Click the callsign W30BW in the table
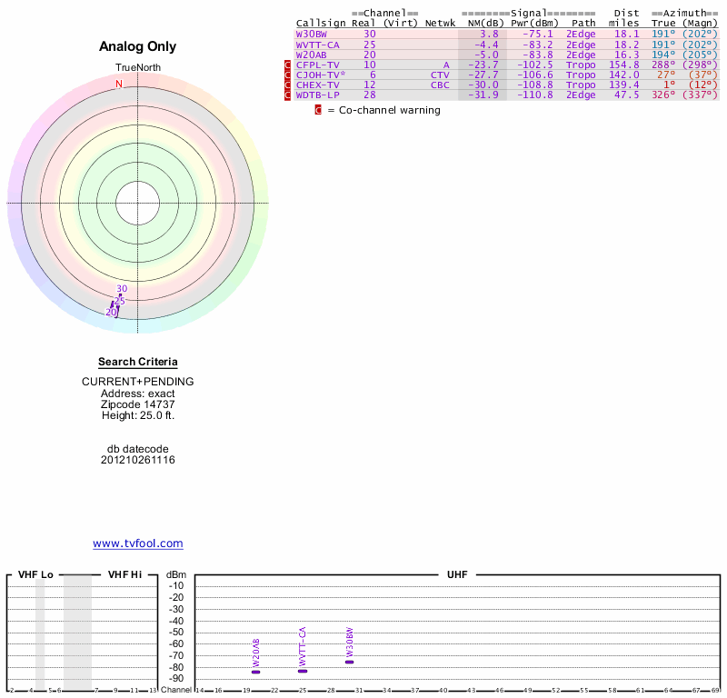[311, 34]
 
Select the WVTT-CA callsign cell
[318, 44]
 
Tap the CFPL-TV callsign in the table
[318, 65]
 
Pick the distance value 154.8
[624, 65]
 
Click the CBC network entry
[440, 85]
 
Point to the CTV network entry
[440, 75]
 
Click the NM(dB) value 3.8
[489, 34]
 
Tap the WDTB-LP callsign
[318, 95]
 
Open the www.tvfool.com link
[138, 543]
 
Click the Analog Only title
[137, 46]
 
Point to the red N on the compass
[118, 84]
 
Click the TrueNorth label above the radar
[137, 68]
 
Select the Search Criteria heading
[138, 362]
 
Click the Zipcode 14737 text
[138, 404]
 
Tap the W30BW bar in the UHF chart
[349, 662]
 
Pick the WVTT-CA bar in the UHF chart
[303, 671]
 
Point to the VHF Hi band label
[124, 574]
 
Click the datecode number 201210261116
[138, 460]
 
